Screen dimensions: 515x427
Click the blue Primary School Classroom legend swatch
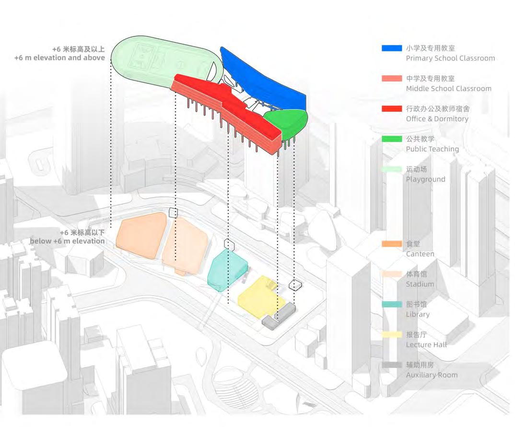[x=392, y=48]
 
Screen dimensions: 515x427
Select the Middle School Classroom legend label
[x=448, y=88]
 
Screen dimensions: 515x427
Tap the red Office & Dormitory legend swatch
[x=392, y=108]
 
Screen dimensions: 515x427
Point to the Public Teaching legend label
[x=432, y=149]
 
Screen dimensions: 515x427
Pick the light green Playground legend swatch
[x=392, y=169]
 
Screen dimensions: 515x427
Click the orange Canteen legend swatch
[x=392, y=244]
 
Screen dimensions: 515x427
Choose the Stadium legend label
[x=420, y=284]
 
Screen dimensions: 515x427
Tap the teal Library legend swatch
[x=392, y=304]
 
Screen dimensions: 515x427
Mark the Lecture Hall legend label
[x=426, y=344]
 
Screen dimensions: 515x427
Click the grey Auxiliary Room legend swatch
[x=392, y=365]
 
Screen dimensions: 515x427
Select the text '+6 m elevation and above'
[x=59, y=58]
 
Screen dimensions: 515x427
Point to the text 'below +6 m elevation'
[x=67, y=241]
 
